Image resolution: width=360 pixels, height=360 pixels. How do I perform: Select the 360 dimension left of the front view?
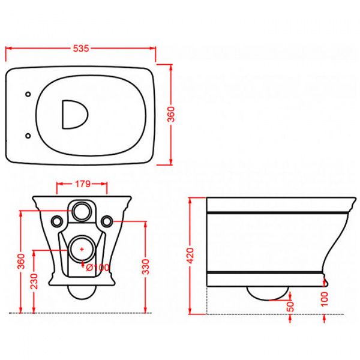[x=21, y=262]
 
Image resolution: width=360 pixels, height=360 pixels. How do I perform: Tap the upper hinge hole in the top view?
[x=28, y=94]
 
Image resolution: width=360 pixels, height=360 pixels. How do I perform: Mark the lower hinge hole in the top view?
[x=28, y=136]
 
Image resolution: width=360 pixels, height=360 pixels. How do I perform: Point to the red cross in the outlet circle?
[x=82, y=248]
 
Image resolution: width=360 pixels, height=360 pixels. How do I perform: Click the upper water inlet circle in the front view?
[x=82, y=211]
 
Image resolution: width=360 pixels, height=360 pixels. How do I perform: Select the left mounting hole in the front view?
[x=57, y=221]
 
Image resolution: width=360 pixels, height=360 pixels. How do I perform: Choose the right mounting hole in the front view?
[x=107, y=221]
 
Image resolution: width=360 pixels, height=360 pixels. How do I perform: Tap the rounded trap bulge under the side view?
[x=268, y=293]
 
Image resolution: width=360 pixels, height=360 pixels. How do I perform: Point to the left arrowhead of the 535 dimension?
[x=8, y=49]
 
